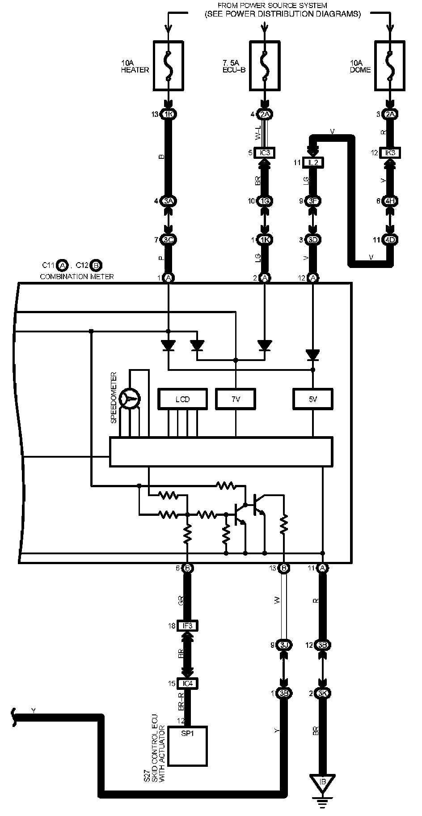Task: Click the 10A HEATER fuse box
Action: pos(168,65)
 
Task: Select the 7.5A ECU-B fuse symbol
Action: pos(265,65)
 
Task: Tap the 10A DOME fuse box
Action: pos(390,65)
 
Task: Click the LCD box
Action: pos(182,399)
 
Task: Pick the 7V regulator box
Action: pos(236,399)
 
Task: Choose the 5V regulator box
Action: pos(312,399)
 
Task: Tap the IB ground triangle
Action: pos(322,782)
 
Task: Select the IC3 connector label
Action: pos(265,153)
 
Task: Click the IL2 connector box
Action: pos(313,162)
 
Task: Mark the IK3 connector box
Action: pos(390,153)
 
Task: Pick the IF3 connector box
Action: pos(188,625)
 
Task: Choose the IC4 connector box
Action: pos(188,684)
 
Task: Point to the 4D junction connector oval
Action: pos(390,240)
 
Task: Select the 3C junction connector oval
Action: pos(169,240)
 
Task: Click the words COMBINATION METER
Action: pos(77,276)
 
